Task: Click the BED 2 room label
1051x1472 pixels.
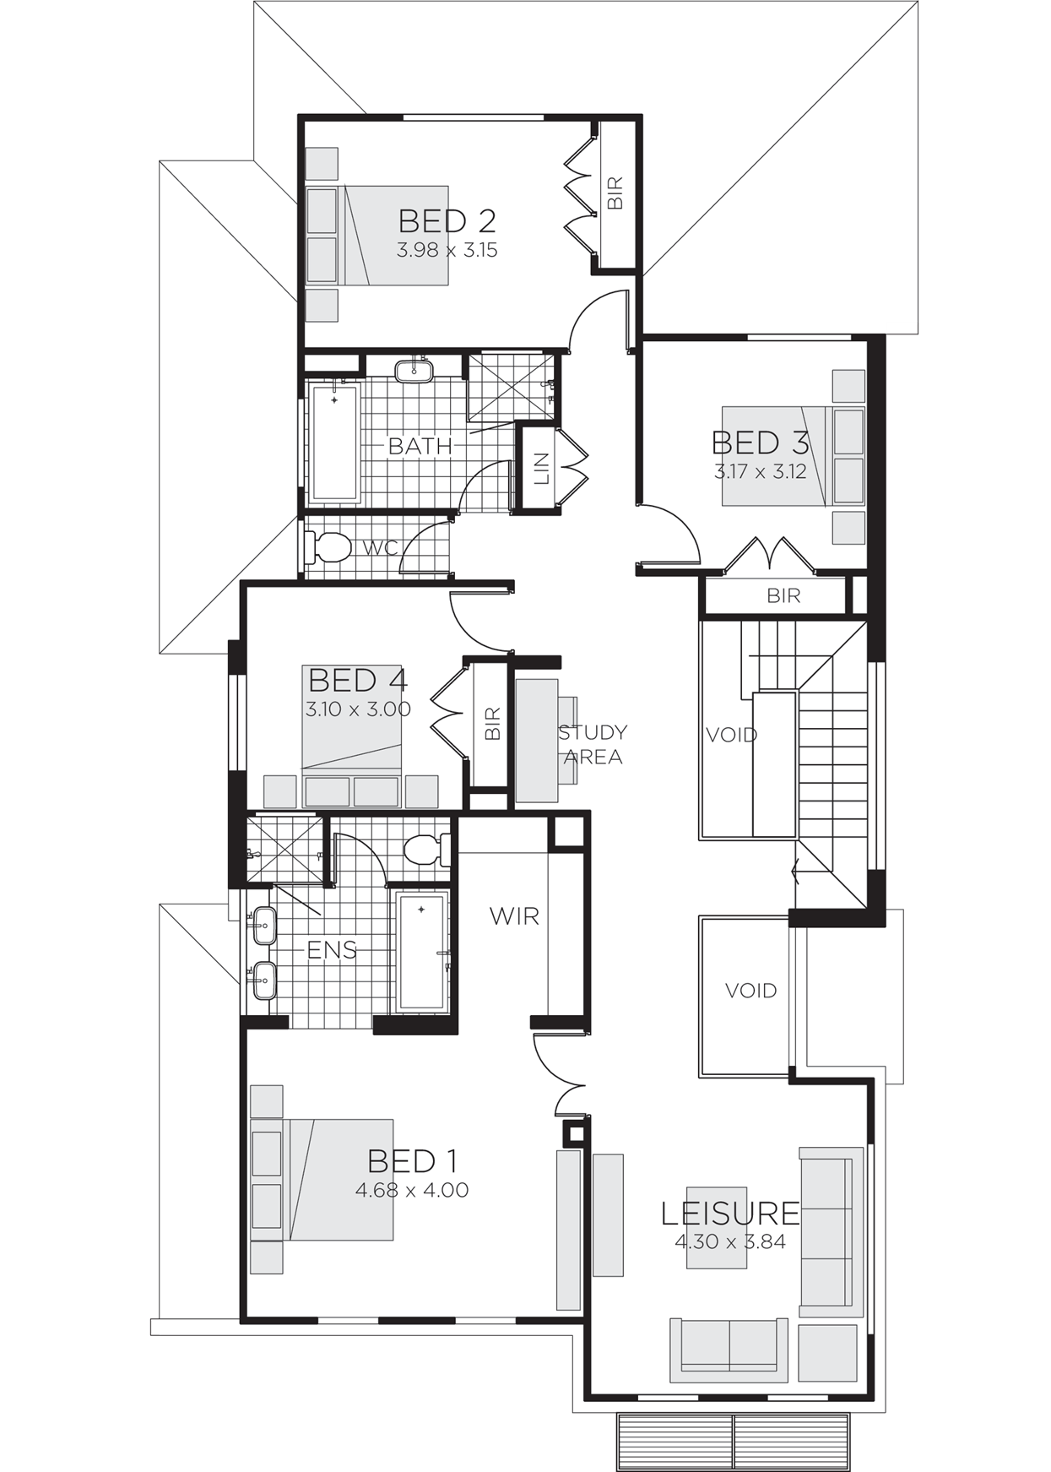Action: tap(447, 221)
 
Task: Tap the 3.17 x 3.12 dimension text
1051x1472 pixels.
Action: tap(760, 472)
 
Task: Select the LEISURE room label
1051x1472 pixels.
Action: tap(730, 1214)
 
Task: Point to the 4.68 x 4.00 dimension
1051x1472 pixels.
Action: tap(412, 1190)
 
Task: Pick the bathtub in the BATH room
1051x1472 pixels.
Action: tap(335, 442)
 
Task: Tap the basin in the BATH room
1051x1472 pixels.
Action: tap(414, 370)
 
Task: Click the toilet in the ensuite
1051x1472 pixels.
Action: tap(427, 850)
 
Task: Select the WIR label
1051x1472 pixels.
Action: tap(514, 916)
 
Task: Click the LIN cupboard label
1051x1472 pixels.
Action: tap(542, 469)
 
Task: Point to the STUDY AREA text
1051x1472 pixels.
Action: tap(593, 744)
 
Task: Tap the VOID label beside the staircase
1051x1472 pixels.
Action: tap(731, 735)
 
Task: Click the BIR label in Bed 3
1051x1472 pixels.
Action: tap(783, 595)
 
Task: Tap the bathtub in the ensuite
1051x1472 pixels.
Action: tap(422, 952)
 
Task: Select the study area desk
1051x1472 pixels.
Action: tap(537, 741)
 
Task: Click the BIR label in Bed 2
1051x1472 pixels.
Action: tap(615, 193)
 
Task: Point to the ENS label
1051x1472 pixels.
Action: tap(332, 950)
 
